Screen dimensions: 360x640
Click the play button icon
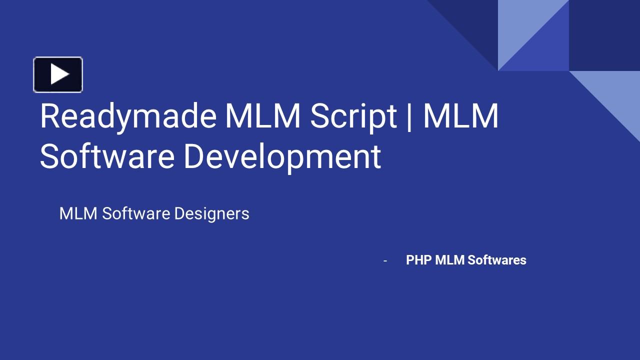click(x=58, y=74)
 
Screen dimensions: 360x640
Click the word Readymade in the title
click(x=128, y=116)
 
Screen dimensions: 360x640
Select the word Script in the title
click(x=353, y=116)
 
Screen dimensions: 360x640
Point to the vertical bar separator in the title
click(x=410, y=116)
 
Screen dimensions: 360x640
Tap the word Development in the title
click(x=282, y=156)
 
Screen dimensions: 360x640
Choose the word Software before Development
click(x=107, y=156)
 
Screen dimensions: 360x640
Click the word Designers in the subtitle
click(x=211, y=213)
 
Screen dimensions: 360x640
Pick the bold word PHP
click(x=418, y=260)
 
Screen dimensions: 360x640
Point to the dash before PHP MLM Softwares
click(x=385, y=260)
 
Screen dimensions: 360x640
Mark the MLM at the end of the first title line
click(x=461, y=116)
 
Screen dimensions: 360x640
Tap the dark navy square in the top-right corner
click(x=604, y=35)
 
